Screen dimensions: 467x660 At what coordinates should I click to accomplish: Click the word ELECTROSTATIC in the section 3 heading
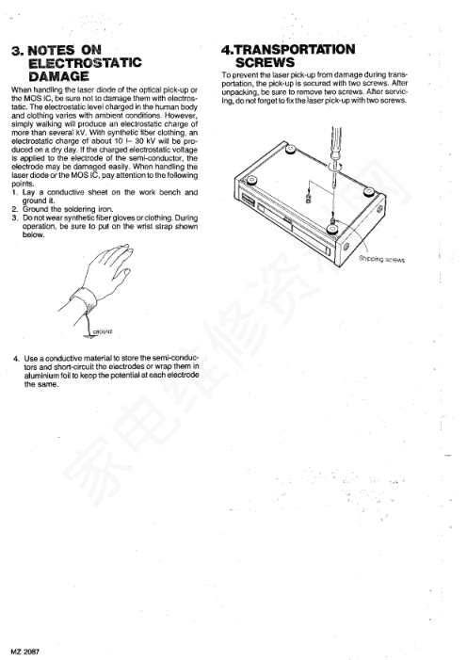pos(85,63)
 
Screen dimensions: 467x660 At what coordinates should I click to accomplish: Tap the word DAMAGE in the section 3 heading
pos(58,76)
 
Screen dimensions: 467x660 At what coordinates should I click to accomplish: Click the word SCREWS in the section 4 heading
pos(265,63)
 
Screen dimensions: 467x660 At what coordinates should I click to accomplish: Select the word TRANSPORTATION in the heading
pos(295,50)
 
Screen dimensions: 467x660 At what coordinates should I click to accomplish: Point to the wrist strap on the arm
pos(84,298)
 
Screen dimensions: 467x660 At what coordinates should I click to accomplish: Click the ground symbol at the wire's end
pos(89,336)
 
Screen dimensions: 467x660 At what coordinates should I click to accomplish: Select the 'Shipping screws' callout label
pos(381,259)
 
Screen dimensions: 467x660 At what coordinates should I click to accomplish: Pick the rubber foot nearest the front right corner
pos(333,229)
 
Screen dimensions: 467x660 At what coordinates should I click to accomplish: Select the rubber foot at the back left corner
pos(290,149)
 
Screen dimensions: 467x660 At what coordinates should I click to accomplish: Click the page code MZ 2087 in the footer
pos(25,652)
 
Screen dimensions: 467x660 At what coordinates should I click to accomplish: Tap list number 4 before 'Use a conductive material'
pos(16,359)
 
